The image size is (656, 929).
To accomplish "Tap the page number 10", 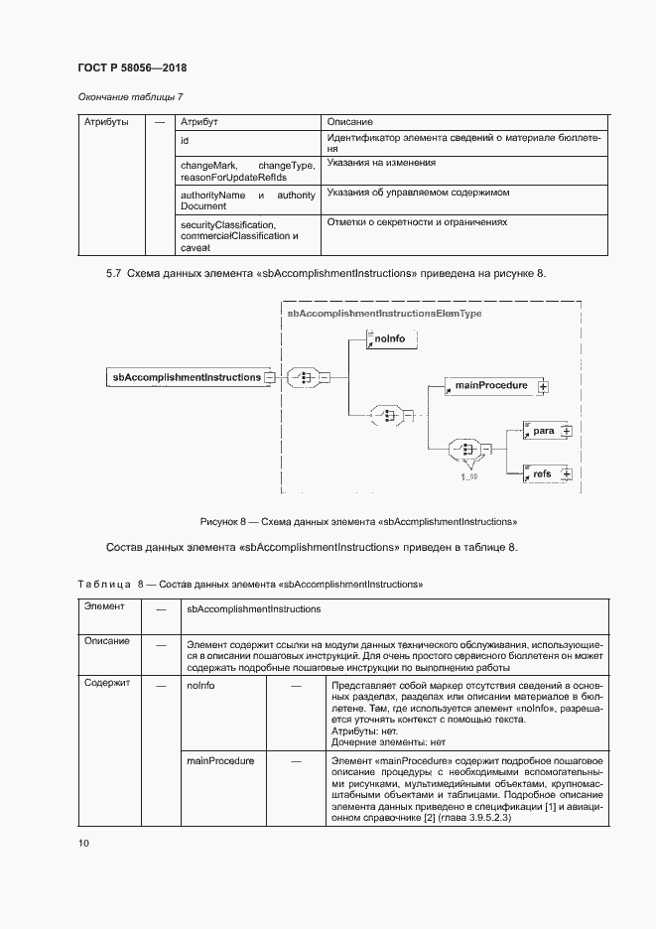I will [83, 843].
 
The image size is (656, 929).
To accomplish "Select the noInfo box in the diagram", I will [391, 339].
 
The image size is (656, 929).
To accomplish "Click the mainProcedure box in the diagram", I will [488, 385].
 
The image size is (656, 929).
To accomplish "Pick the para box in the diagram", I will [542, 431].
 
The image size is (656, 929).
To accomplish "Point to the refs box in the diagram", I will [542, 474].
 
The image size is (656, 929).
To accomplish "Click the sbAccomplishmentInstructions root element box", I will [186, 377].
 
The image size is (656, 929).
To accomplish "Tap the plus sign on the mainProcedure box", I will [543, 386].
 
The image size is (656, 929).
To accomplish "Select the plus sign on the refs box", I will [567, 474].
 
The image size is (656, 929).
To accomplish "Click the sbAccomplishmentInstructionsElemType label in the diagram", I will [383, 313].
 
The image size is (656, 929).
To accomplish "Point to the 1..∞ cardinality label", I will [468, 477].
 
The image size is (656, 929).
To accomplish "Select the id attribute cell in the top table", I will [185, 141].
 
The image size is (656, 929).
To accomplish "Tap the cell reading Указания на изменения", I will [381, 162].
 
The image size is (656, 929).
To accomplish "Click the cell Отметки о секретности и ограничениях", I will [417, 222].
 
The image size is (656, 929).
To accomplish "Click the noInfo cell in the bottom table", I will [200, 685].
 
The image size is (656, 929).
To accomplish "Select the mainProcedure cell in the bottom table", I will [220, 760].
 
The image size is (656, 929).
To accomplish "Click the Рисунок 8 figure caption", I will [357, 520].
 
